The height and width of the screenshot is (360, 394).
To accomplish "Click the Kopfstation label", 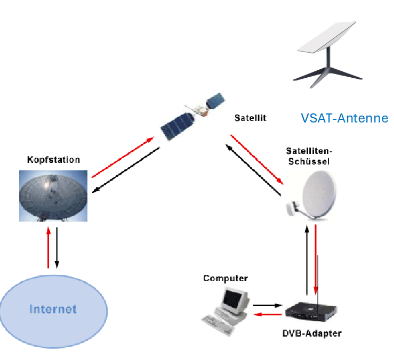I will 54,159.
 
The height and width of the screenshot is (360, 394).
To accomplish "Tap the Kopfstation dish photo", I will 53,195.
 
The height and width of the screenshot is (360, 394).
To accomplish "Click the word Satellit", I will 250,117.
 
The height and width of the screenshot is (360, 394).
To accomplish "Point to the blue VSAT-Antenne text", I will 344,118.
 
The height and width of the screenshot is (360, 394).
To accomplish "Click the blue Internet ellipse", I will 53,308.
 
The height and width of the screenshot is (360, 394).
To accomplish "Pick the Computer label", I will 226,278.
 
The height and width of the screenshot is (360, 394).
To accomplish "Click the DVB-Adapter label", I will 311,334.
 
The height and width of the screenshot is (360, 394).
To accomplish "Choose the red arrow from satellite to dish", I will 256,158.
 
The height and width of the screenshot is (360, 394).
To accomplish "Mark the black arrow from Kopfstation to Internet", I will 57,247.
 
